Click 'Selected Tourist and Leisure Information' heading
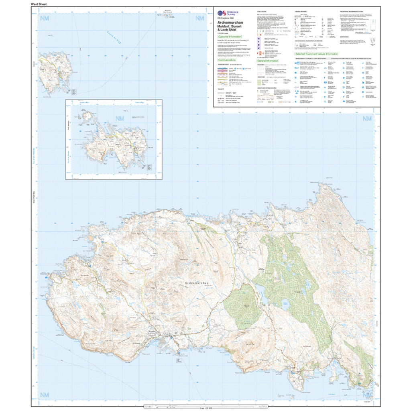point(316,54)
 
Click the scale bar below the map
point(205,408)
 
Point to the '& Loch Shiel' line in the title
point(228,29)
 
